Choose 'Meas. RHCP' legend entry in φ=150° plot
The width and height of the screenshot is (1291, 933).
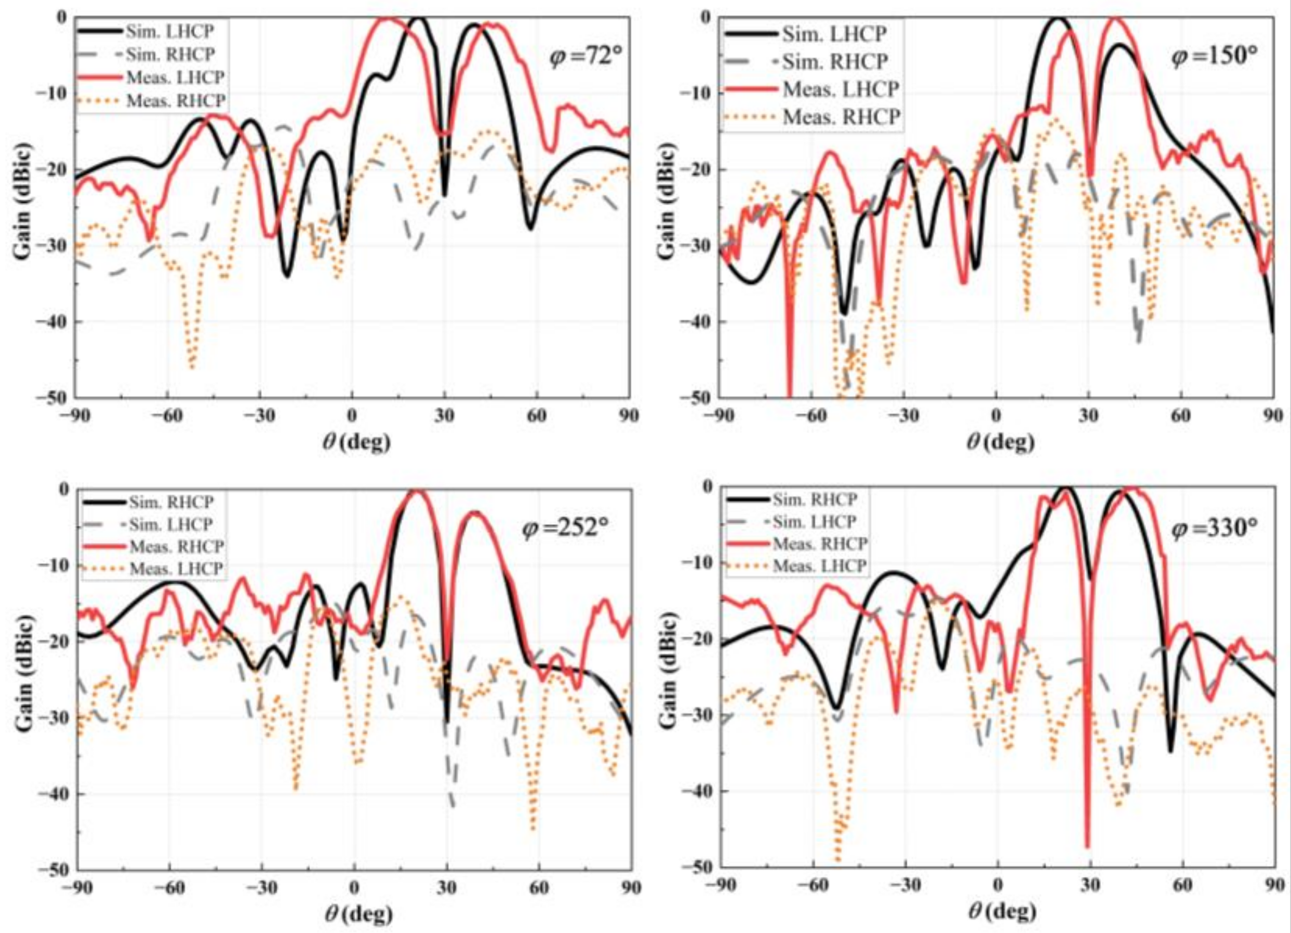click(x=841, y=117)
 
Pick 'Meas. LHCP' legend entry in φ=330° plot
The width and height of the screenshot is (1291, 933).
click(x=820, y=566)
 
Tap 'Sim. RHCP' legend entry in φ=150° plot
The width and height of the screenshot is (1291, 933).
click(x=834, y=61)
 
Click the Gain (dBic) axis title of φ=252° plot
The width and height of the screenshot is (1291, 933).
click(x=23, y=678)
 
